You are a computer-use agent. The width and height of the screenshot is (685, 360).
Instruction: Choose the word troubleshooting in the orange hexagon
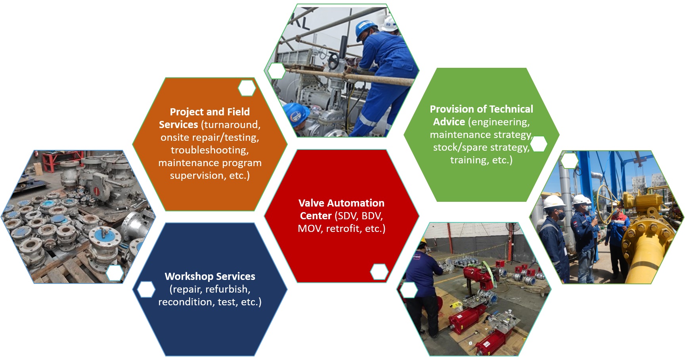[x=210, y=150]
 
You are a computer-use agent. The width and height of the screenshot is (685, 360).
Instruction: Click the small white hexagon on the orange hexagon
[x=247, y=88]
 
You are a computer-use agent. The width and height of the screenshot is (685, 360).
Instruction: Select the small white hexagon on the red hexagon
[x=379, y=272]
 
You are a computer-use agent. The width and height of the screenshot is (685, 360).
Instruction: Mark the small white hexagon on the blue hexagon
[x=146, y=289]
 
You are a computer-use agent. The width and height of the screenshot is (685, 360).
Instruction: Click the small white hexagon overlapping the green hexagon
[x=538, y=144]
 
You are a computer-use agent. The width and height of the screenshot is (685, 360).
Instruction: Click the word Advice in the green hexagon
[x=449, y=122]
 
